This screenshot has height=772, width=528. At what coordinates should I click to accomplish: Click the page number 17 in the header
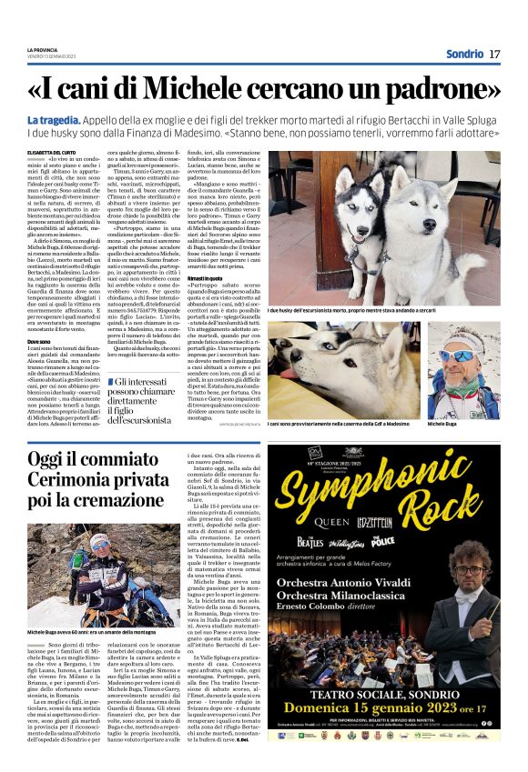pyautogui.click(x=494, y=54)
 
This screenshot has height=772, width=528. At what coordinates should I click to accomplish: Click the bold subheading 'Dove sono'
pyautogui.click(x=39, y=340)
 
